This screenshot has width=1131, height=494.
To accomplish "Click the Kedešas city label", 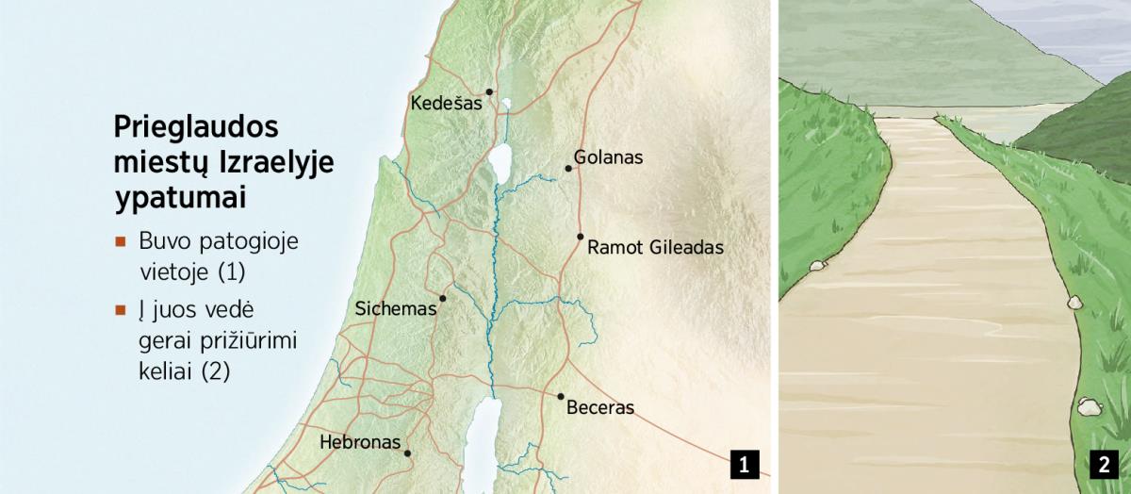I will point(446,104).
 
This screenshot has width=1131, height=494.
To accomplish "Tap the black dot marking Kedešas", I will point(489,91).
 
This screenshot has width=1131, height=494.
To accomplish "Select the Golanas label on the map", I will point(608,157).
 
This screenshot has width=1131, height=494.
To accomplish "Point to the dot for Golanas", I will point(568,169).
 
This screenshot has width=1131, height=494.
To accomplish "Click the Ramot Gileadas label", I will point(655,248).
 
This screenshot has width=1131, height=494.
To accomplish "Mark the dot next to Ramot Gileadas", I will point(581,237).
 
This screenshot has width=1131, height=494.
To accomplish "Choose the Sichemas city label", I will point(396,308).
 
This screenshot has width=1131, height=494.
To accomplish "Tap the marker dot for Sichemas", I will point(442,298).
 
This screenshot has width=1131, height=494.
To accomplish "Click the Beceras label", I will point(600,408).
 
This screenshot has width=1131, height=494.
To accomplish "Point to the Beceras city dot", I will point(560,397).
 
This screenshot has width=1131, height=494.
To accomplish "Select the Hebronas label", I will point(360,441).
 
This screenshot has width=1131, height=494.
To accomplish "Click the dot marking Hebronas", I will point(407,453).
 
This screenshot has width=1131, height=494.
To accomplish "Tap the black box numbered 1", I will point(745,465).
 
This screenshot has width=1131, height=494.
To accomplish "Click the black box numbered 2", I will point(1102,465).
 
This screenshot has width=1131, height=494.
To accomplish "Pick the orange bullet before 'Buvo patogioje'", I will point(120,241).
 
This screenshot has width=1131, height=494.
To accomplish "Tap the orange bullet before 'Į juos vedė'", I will point(120,309).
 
